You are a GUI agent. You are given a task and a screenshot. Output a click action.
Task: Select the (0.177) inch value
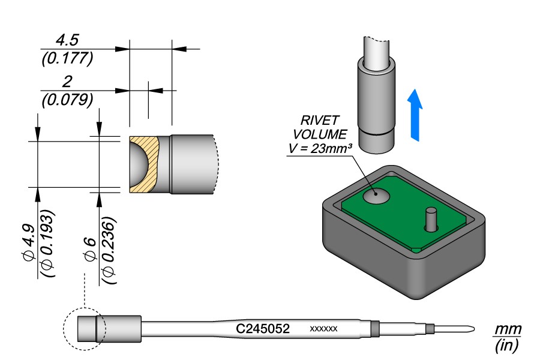coord(67,58)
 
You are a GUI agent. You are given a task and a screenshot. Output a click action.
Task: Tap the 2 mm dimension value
coord(67,82)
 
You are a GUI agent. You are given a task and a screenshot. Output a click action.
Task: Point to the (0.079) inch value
coord(67,99)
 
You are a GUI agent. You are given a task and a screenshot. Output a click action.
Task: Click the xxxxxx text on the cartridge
coord(324,329)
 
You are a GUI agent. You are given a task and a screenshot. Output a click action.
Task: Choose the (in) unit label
coord(507,346)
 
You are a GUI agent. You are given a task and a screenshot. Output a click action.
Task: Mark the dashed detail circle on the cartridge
coord(84,328)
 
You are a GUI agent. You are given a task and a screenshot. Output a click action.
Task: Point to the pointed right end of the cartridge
coord(470,329)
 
